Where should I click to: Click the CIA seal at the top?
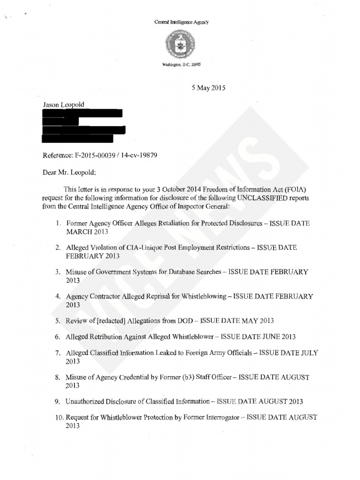pos(181,45)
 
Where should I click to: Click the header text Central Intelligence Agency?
pos(181,22)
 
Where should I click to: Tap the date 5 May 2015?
pos(205,88)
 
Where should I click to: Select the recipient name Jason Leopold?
pos(63,105)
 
